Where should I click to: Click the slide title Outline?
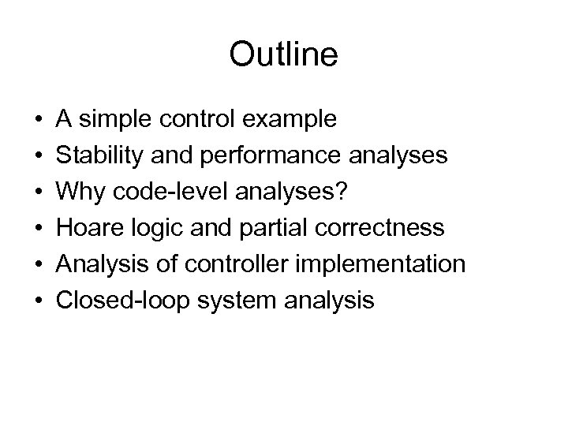point(283,54)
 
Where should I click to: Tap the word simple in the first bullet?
point(119,119)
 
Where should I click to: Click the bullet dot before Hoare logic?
point(38,229)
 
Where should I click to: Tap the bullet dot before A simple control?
point(38,120)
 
